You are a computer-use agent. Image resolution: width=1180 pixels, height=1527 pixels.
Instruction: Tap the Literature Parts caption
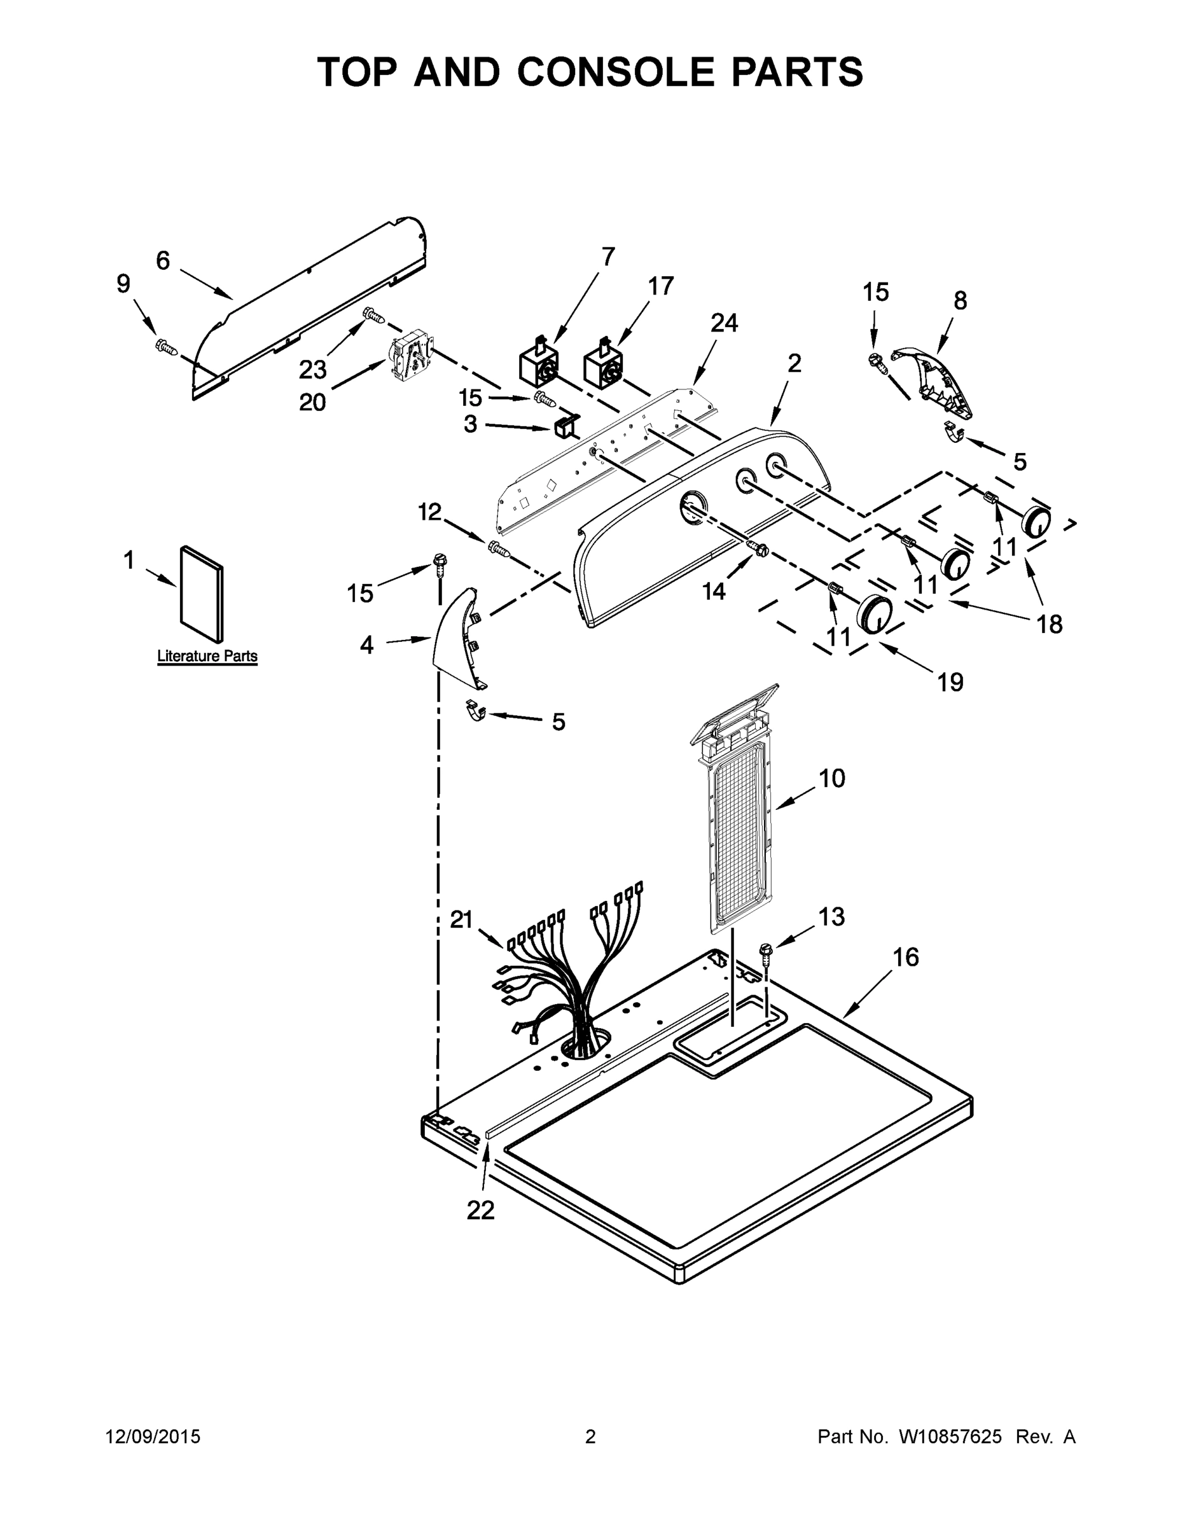[207, 656]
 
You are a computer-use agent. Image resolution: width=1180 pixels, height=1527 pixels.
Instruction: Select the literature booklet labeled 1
[202, 593]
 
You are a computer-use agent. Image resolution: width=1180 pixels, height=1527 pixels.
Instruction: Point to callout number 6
[162, 261]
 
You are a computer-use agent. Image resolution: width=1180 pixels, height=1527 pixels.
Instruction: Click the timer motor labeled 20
[410, 358]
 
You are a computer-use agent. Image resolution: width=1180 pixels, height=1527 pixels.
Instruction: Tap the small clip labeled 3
[563, 426]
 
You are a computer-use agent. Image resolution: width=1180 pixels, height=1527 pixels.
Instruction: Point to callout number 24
[724, 323]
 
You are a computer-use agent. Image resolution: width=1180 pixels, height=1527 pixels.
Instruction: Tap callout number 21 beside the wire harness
[461, 919]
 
